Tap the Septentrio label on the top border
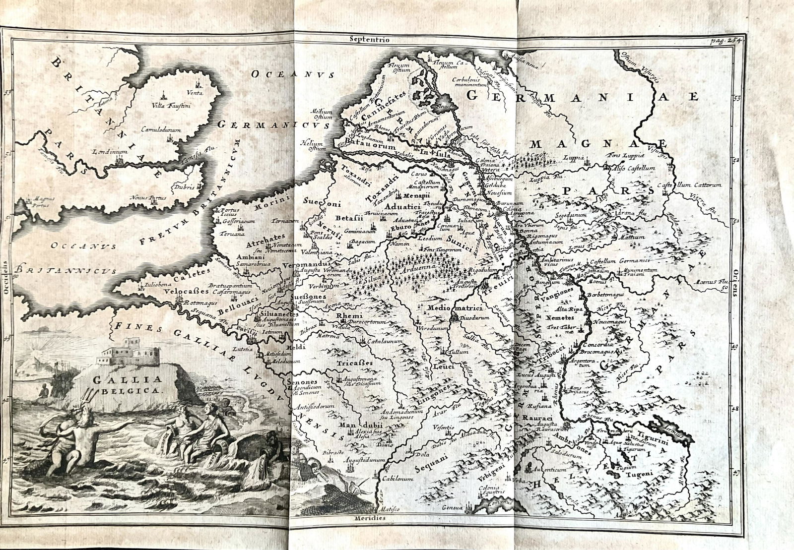pos(370,38)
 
